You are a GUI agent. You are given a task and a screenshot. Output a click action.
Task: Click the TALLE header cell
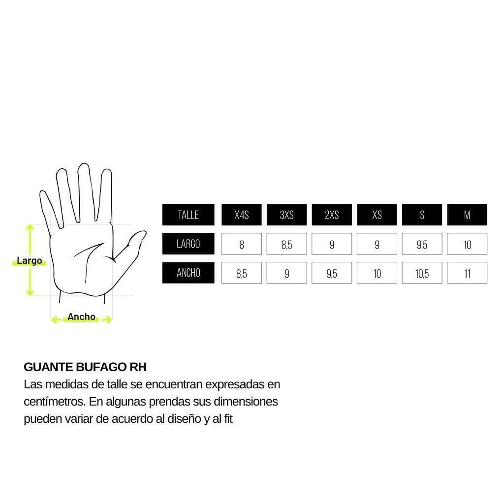[188, 215]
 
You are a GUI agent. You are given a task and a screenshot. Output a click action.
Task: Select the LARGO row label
[188, 244]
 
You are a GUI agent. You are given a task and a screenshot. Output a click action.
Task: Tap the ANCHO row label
[188, 273]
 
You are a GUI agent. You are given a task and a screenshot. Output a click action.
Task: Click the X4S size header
[241, 215]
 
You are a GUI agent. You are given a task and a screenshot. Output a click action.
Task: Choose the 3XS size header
[287, 215]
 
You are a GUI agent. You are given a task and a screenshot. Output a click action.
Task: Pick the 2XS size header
[332, 215]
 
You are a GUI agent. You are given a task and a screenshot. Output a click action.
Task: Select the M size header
[467, 215]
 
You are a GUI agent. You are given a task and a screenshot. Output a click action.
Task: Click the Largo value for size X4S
[241, 244]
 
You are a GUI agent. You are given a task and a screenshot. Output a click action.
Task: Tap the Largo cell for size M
[467, 244]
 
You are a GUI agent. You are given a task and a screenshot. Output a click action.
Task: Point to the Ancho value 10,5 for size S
[422, 273]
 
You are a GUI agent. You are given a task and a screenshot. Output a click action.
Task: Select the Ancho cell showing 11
[467, 273]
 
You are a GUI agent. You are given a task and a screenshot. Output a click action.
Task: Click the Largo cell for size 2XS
[332, 244]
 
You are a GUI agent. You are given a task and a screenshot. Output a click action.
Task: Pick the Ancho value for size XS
[377, 273]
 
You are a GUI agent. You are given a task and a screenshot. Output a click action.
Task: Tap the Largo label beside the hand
[29, 261]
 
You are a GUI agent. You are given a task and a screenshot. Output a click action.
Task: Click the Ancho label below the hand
[81, 316]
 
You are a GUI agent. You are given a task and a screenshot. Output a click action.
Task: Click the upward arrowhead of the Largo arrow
[30, 227]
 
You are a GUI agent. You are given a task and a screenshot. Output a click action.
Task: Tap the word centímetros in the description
[55, 402]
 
